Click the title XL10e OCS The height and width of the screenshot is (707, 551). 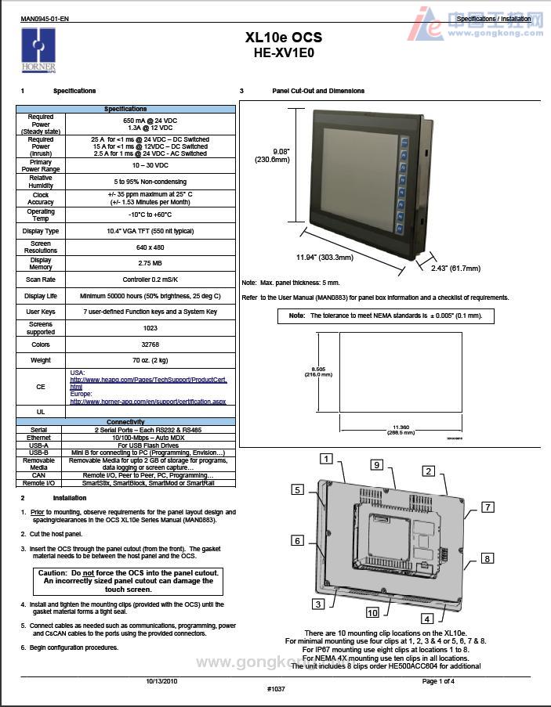pos(283,38)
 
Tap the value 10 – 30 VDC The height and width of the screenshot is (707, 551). pos(150,166)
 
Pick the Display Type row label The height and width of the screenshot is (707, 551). pos(41,231)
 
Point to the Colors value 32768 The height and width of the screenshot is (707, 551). pos(150,344)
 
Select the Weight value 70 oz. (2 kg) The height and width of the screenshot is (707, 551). pos(150,359)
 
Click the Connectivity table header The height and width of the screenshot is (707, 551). pos(125,422)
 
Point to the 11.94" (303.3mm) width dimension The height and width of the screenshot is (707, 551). pos(324,257)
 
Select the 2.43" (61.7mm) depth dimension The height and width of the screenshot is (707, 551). pos(455,268)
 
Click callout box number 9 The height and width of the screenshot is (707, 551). pos(376,465)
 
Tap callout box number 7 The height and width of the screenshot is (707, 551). pos(488,507)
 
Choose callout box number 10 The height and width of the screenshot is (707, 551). pos(372,612)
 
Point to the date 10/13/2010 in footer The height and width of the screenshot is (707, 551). pos(161,680)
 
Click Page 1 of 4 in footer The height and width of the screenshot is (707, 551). pos(438,680)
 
